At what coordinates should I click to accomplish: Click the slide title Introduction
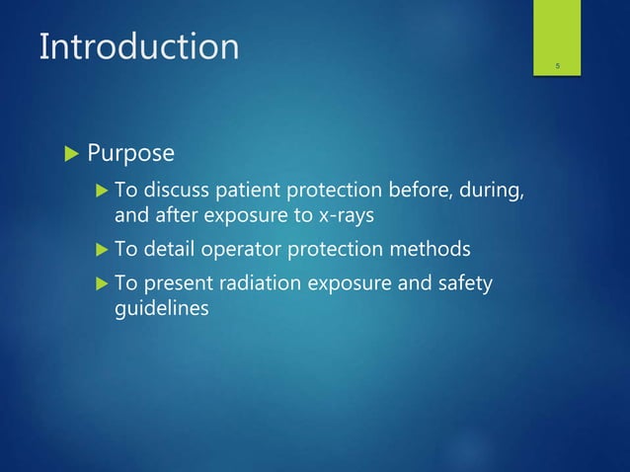tap(138, 46)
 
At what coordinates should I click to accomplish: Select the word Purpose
tap(131, 154)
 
